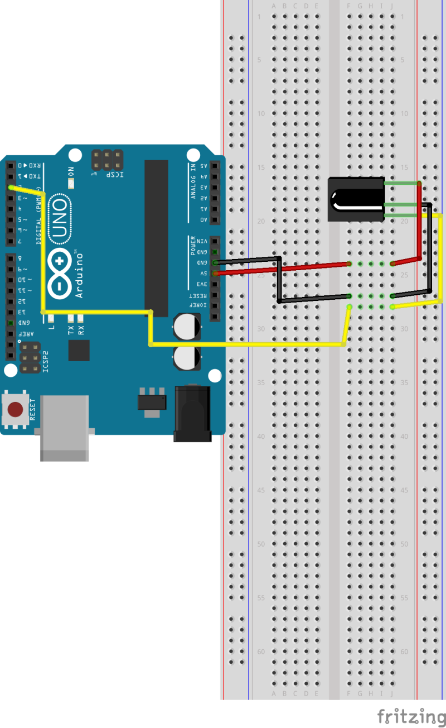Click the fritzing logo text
pyautogui.click(x=411, y=716)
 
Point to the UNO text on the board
pyautogui.click(x=60, y=219)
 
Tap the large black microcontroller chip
pyautogui.click(x=156, y=237)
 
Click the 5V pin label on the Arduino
pyautogui.click(x=204, y=274)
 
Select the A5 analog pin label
pyautogui.click(x=204, y=166)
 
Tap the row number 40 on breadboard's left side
pyautogui.click(x=260, y=437)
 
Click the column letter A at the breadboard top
pyautogui.click(x=274, y=6)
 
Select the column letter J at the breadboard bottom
pyautogui.click(x=392, y=693)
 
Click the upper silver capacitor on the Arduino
pyautogui.click(x=186, y=326)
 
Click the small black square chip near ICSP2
pyautogui.click(x=79, y=350)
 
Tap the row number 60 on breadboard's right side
pyautogui.click(x=404, y=652)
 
